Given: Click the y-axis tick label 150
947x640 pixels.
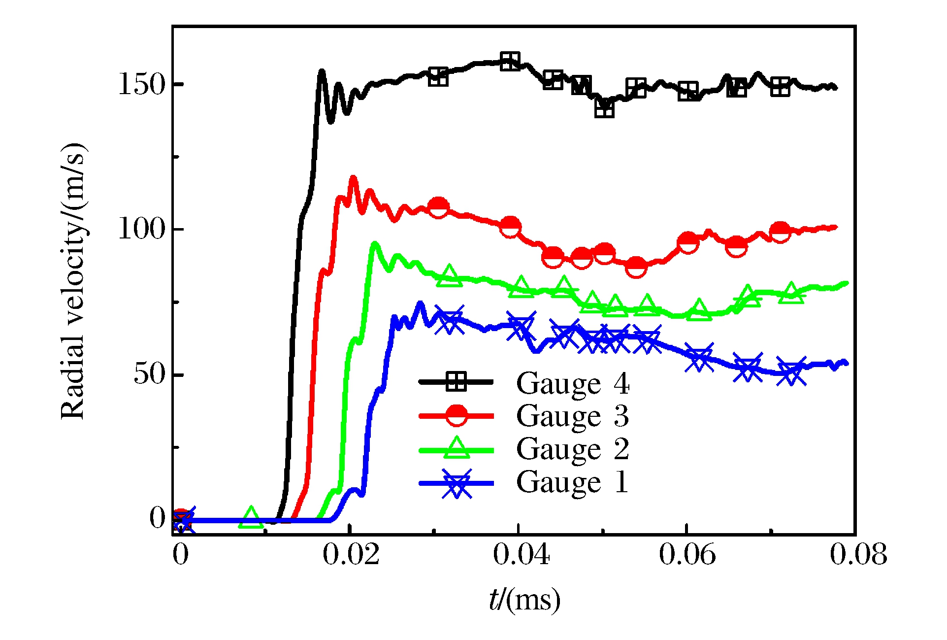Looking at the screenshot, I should coord(142,85).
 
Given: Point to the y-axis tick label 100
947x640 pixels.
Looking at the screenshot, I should coord(142,229).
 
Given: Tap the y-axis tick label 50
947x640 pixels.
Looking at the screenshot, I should coord(150,374).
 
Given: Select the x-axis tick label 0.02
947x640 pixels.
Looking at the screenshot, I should coord(351,555).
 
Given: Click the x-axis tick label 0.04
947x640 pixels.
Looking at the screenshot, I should coord(521,555).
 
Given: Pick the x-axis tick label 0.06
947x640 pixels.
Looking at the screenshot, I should coord(687,555).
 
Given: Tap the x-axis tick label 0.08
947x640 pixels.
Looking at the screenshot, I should coord(858,555).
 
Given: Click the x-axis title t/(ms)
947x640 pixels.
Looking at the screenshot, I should coord(524,600).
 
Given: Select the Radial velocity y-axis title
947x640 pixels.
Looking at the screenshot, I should coord(73,281).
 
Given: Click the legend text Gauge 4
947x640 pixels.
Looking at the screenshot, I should coord(573,383).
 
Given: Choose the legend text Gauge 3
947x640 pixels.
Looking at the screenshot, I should coord(573,416).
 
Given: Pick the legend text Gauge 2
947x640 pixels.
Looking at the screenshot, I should coord(573,449).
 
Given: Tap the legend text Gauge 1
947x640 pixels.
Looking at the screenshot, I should coord(573,482).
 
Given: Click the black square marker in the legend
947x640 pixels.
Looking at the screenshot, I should coord(456,381).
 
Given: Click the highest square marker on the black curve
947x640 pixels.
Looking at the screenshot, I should coord(510,62).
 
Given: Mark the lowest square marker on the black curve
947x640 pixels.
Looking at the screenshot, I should coord(604,108).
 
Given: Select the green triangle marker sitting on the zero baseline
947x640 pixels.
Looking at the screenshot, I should coord(251,517).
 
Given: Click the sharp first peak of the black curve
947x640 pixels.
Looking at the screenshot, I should coord(322,71).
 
